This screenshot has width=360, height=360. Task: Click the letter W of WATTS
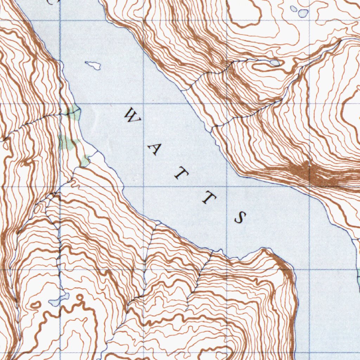pos(133,116)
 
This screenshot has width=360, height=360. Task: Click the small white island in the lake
pos(93,65)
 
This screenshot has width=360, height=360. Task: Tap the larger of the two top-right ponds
pos(302,13)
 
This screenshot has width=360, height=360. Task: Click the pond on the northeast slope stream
pos(275,63)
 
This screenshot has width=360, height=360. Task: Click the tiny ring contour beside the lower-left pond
pos(81,298)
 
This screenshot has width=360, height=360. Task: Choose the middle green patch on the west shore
pos(67,142)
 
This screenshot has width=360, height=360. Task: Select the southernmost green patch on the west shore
pos(85,161)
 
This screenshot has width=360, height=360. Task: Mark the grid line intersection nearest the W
pos(143,104)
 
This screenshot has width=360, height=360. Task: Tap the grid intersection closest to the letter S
pos(227,187)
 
